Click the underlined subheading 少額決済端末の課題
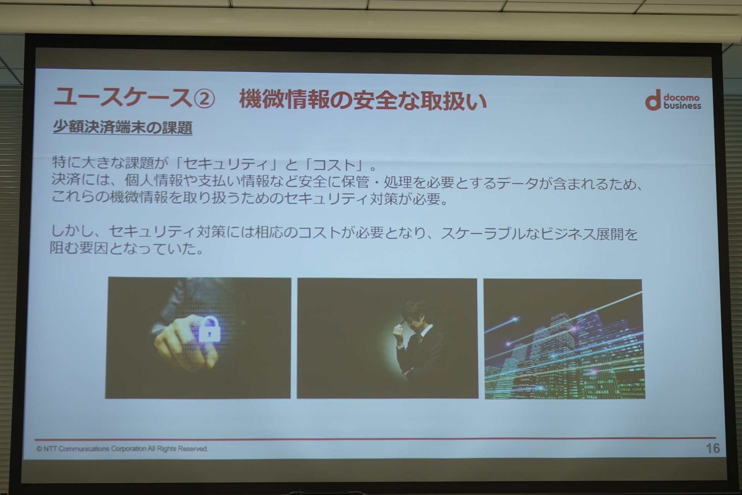[123, 127]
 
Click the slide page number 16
[713, 448]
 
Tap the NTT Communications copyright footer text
[122, 449]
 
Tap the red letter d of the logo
[653, 100]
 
